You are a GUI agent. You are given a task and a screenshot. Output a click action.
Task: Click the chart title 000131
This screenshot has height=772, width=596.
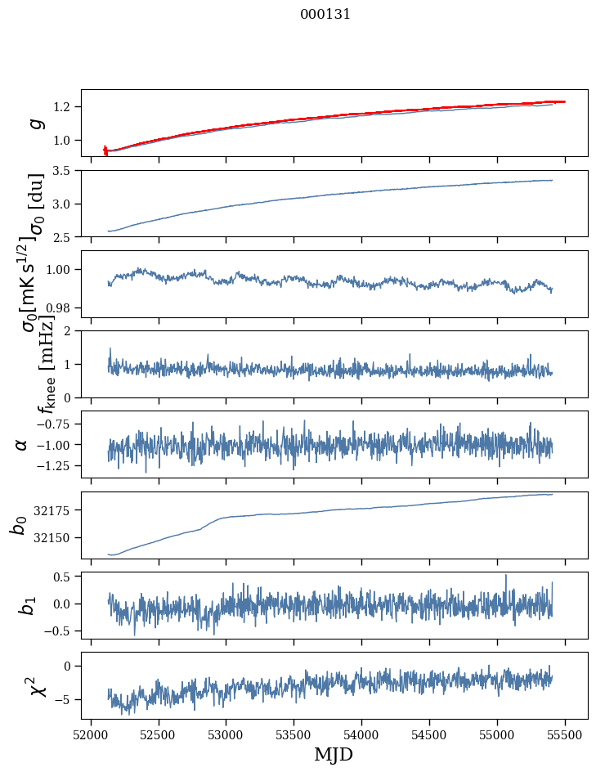coord(325,15)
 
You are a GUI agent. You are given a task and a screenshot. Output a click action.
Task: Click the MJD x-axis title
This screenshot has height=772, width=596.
coord(334,754)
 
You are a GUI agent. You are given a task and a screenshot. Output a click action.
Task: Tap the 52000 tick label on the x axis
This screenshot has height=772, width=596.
coord(91,734)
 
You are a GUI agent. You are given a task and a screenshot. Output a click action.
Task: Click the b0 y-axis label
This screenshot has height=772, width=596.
coord(18,524)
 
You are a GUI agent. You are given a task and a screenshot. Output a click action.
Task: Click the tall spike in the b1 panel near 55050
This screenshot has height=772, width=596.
coord(505,576)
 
